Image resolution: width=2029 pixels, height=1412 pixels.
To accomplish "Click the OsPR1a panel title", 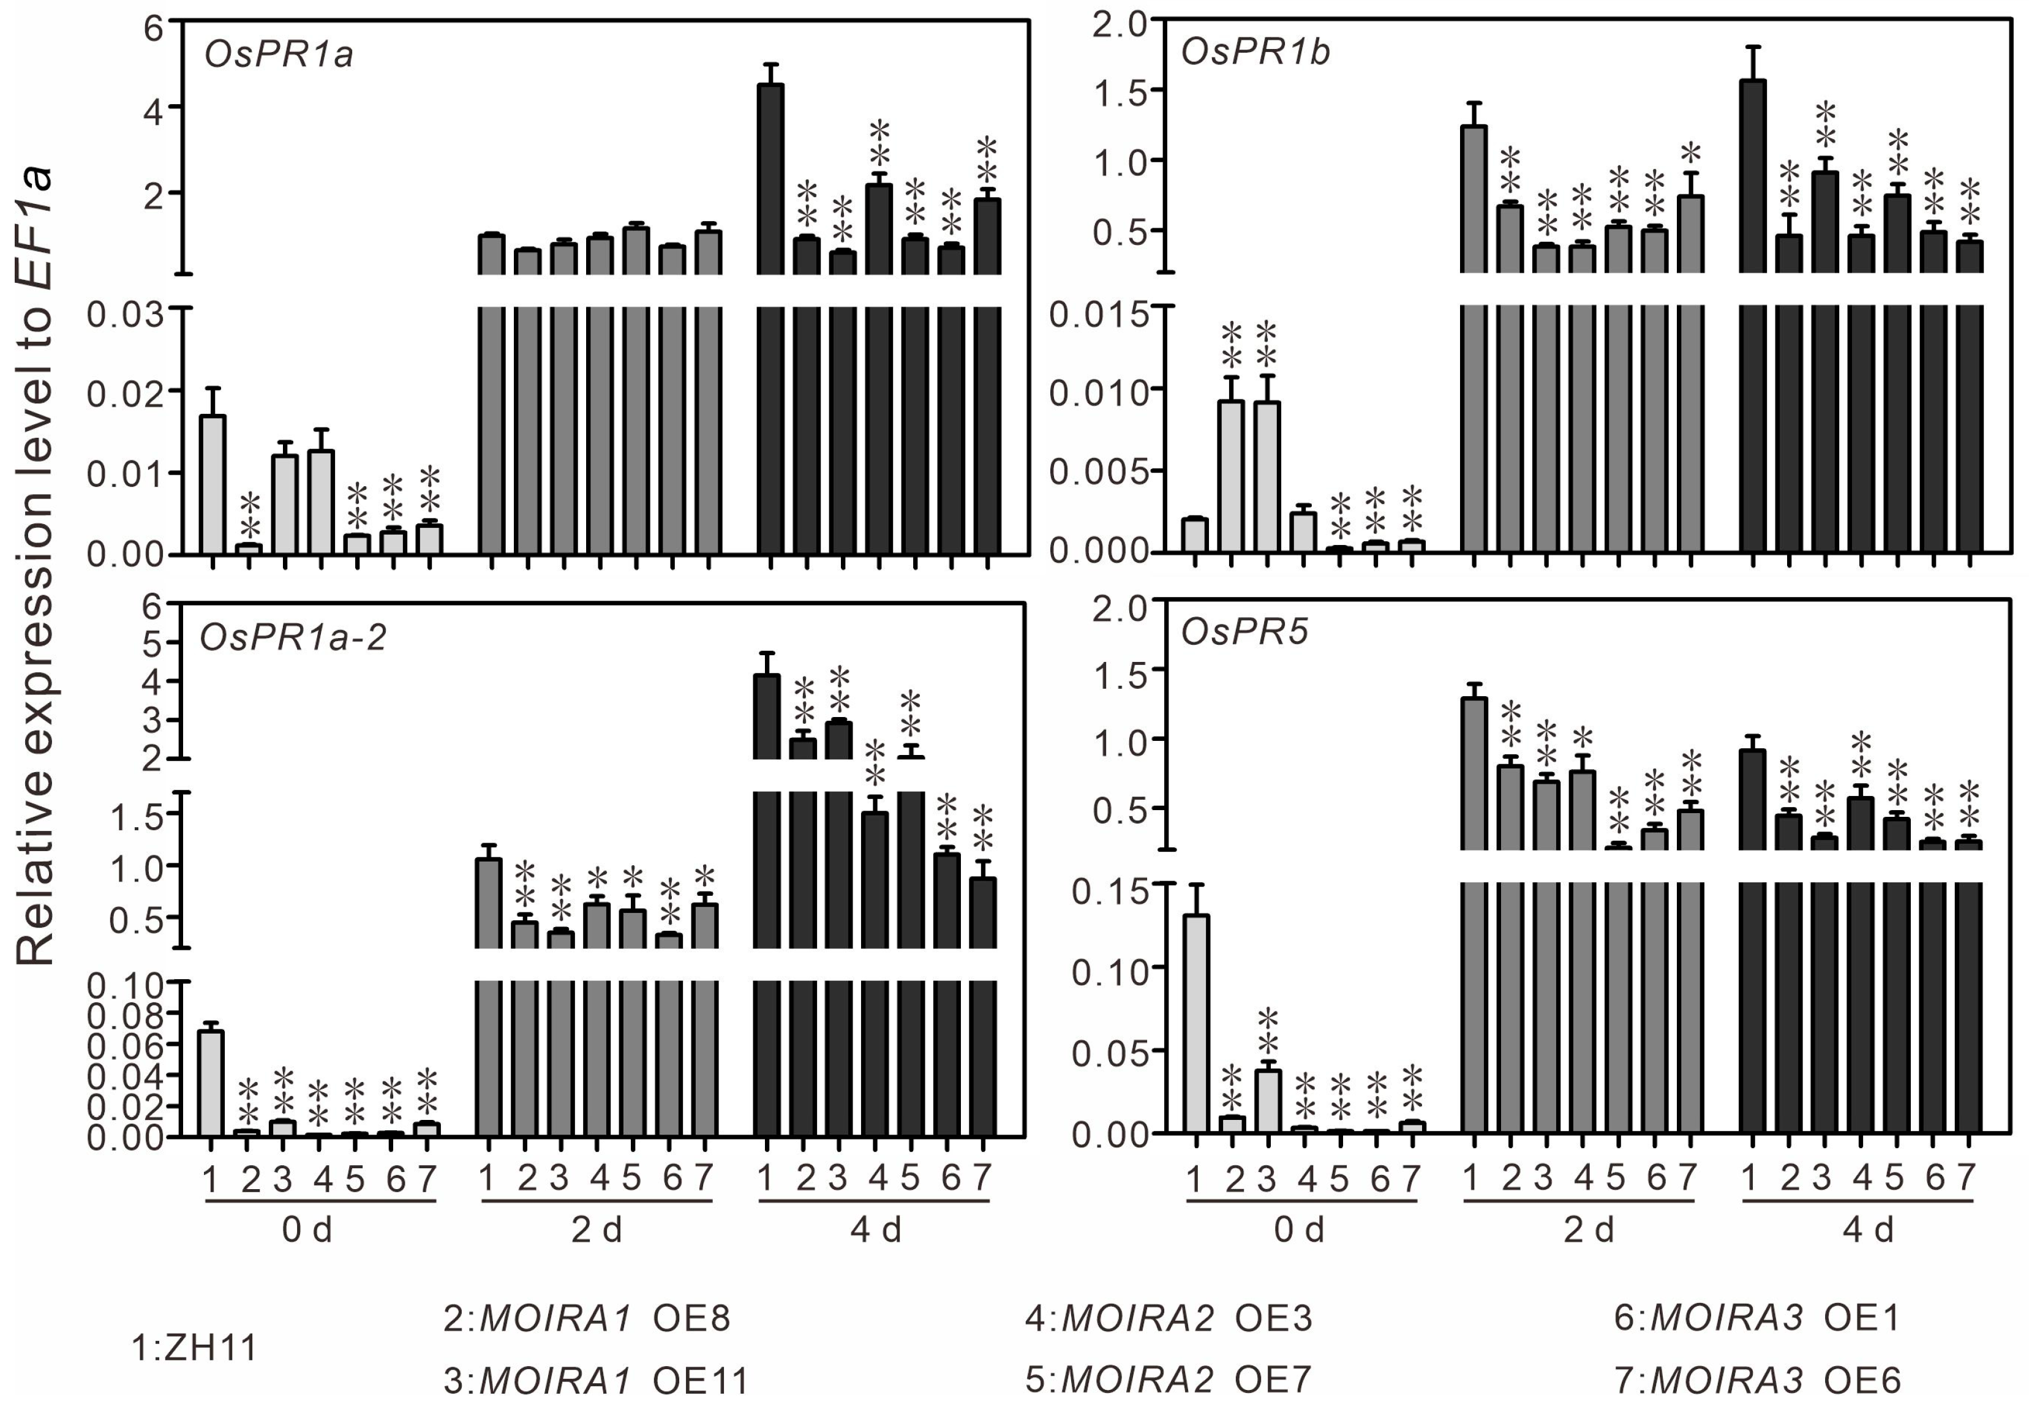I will [x=279, y=54].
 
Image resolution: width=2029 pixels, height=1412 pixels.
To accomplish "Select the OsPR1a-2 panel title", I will [x=293, y=637].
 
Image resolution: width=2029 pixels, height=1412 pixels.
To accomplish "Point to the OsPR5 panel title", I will [x=1244, y=633].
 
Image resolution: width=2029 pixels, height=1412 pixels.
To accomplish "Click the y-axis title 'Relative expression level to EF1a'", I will [x=36, y=566].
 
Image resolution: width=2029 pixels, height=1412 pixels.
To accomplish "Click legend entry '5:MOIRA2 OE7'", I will [x=1169, y=1380].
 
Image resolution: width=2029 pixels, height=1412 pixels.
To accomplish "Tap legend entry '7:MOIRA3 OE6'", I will [x=1757, y=1380].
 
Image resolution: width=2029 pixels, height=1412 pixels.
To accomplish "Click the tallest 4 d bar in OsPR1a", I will [x=770, y=177].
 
